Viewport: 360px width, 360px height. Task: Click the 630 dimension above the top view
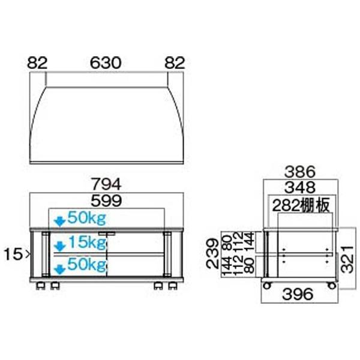click(106, 62)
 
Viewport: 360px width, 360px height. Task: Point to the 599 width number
click(106, 200)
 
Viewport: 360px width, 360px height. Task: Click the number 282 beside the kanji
click(287, 206)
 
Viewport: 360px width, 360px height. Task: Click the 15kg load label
click(87, 244)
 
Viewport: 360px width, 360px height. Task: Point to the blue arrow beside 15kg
click(59, 245)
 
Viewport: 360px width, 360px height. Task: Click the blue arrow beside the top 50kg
click(59, 220)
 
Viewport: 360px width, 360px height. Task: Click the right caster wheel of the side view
click(331, 285)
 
